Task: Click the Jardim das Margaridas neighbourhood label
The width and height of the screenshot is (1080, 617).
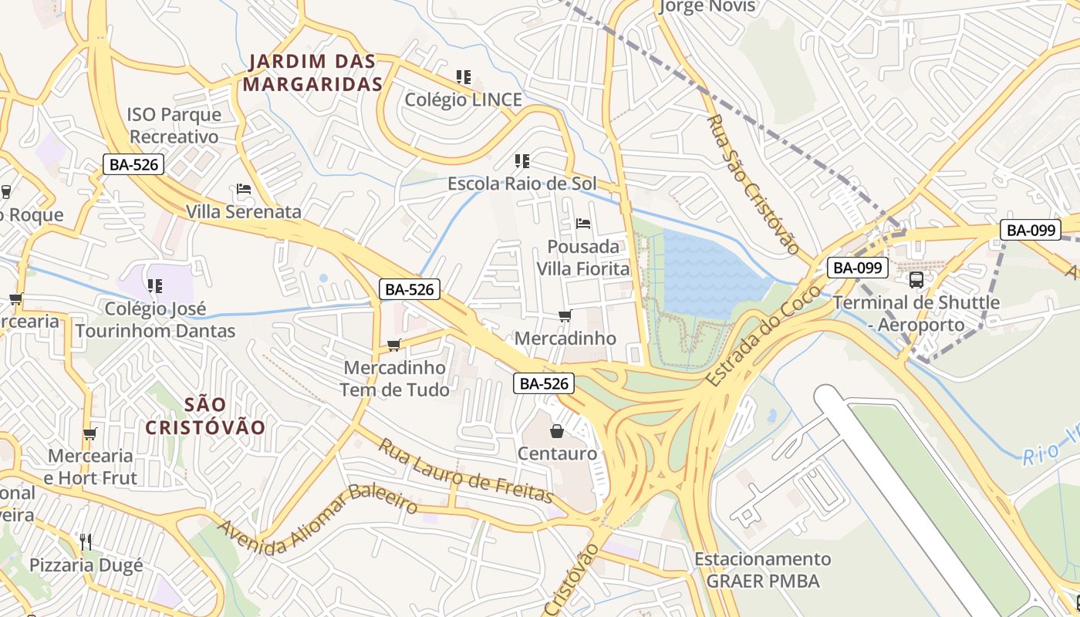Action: pos(313,72)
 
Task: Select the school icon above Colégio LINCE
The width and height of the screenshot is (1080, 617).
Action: pos(463,77)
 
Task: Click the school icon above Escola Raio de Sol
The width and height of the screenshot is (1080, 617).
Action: pos(522,161)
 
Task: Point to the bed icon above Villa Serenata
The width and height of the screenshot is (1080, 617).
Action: pos(244,189)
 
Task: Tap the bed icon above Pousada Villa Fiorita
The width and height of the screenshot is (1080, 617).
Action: pos(583,224)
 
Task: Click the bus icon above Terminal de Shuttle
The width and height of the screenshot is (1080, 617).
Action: pos(916,280)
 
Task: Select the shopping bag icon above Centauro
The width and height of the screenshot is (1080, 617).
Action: pos(557,431)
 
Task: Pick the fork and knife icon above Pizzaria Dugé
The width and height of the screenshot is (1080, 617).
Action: pos(86,542)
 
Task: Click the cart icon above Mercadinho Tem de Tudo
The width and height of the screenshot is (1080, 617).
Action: pos(394,345)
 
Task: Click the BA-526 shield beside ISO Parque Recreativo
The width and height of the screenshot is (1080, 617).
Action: pos(133,164)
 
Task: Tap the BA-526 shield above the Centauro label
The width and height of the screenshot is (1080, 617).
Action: pos(544,383)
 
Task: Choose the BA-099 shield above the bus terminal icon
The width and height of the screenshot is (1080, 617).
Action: pos(858,268)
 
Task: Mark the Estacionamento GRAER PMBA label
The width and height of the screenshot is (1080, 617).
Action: pos(762,570)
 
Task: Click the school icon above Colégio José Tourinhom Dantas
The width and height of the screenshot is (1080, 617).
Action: pos(155,286)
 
